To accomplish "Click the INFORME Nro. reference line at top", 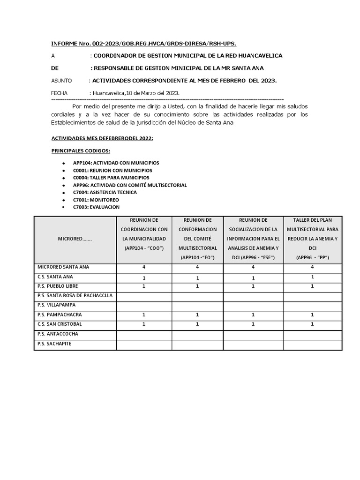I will pyautogui.click(x=143, y=44).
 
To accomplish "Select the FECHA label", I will pyautogui.click(x=59, y=93).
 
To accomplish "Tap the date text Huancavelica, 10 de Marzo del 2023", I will pyautogui.click(x=136, y=93).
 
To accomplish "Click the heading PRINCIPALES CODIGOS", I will pyautogui.click(x=81, y=150).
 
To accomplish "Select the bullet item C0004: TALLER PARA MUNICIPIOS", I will pyautogui.click(x=111, y=178).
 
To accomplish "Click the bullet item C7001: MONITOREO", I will pyautogui.click(x=96, y=200).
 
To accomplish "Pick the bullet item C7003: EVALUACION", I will pyautogui.click(x=96, y=207).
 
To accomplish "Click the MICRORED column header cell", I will pyautogui.click(x=75, y=239).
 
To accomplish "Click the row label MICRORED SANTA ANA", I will pyautogui.click(x=63, y=267).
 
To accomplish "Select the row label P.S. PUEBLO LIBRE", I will pyautogui.click(x=58, y=286).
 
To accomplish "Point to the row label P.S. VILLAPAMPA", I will pyautogui.click(x=56, y=305).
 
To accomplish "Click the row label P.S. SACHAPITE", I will pyautogui.click(x=54, y=344).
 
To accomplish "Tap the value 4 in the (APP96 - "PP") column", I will pyautogui.click(x=312, y=267).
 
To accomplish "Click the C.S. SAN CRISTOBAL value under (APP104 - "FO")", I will pyautogui.click(x=197, y=324).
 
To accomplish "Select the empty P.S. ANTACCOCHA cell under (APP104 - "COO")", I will pyautogui.click(x=144, y=335).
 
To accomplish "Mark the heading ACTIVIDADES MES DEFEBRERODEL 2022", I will pyautogui.click(x=102, y=139).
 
